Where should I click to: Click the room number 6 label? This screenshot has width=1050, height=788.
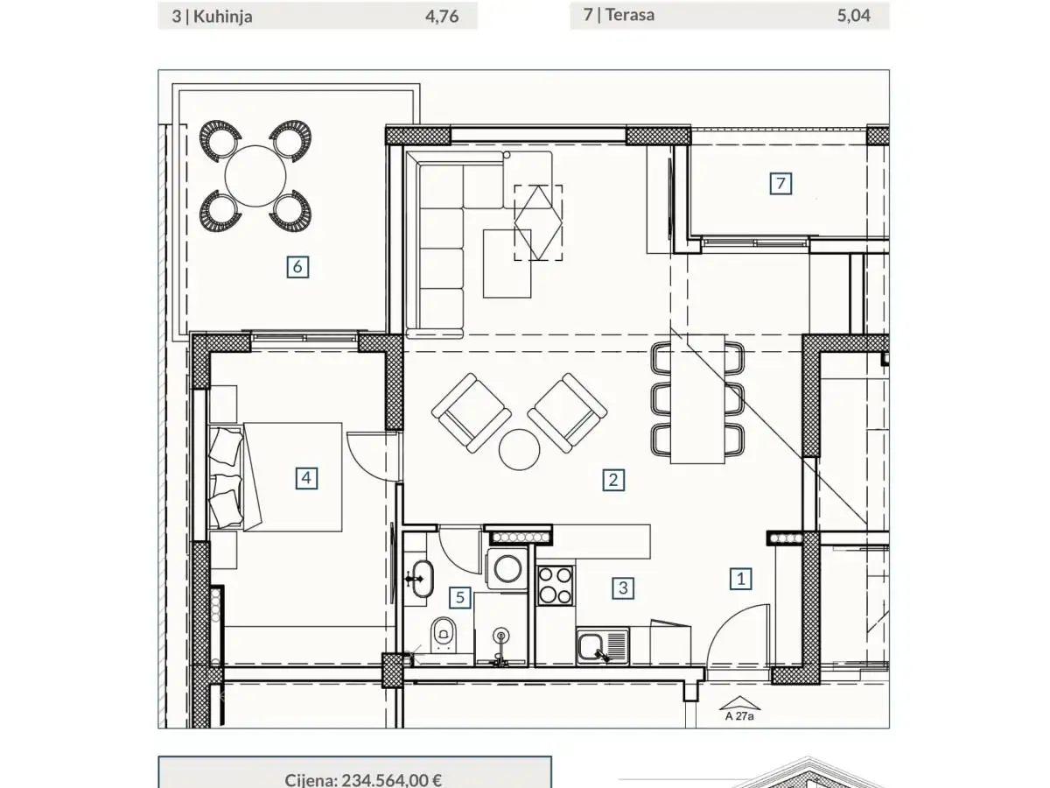click(297, 266)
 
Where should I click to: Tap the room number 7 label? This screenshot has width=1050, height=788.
click(781, 184)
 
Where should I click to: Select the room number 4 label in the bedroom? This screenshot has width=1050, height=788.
click(305, 478)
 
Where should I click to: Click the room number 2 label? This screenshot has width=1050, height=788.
click(613, 479)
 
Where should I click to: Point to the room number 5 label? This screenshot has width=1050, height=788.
click(460, 598)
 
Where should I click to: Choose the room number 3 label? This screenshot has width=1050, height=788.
click(623, 587)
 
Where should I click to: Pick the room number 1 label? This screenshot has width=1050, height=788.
click(741, 578)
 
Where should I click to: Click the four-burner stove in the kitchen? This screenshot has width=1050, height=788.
click(555, 585)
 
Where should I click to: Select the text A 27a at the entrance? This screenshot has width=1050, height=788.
click(739, 714)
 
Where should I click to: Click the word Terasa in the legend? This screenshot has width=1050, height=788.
click(635, 15)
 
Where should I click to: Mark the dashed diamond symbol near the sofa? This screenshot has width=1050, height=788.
click(538, 222)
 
